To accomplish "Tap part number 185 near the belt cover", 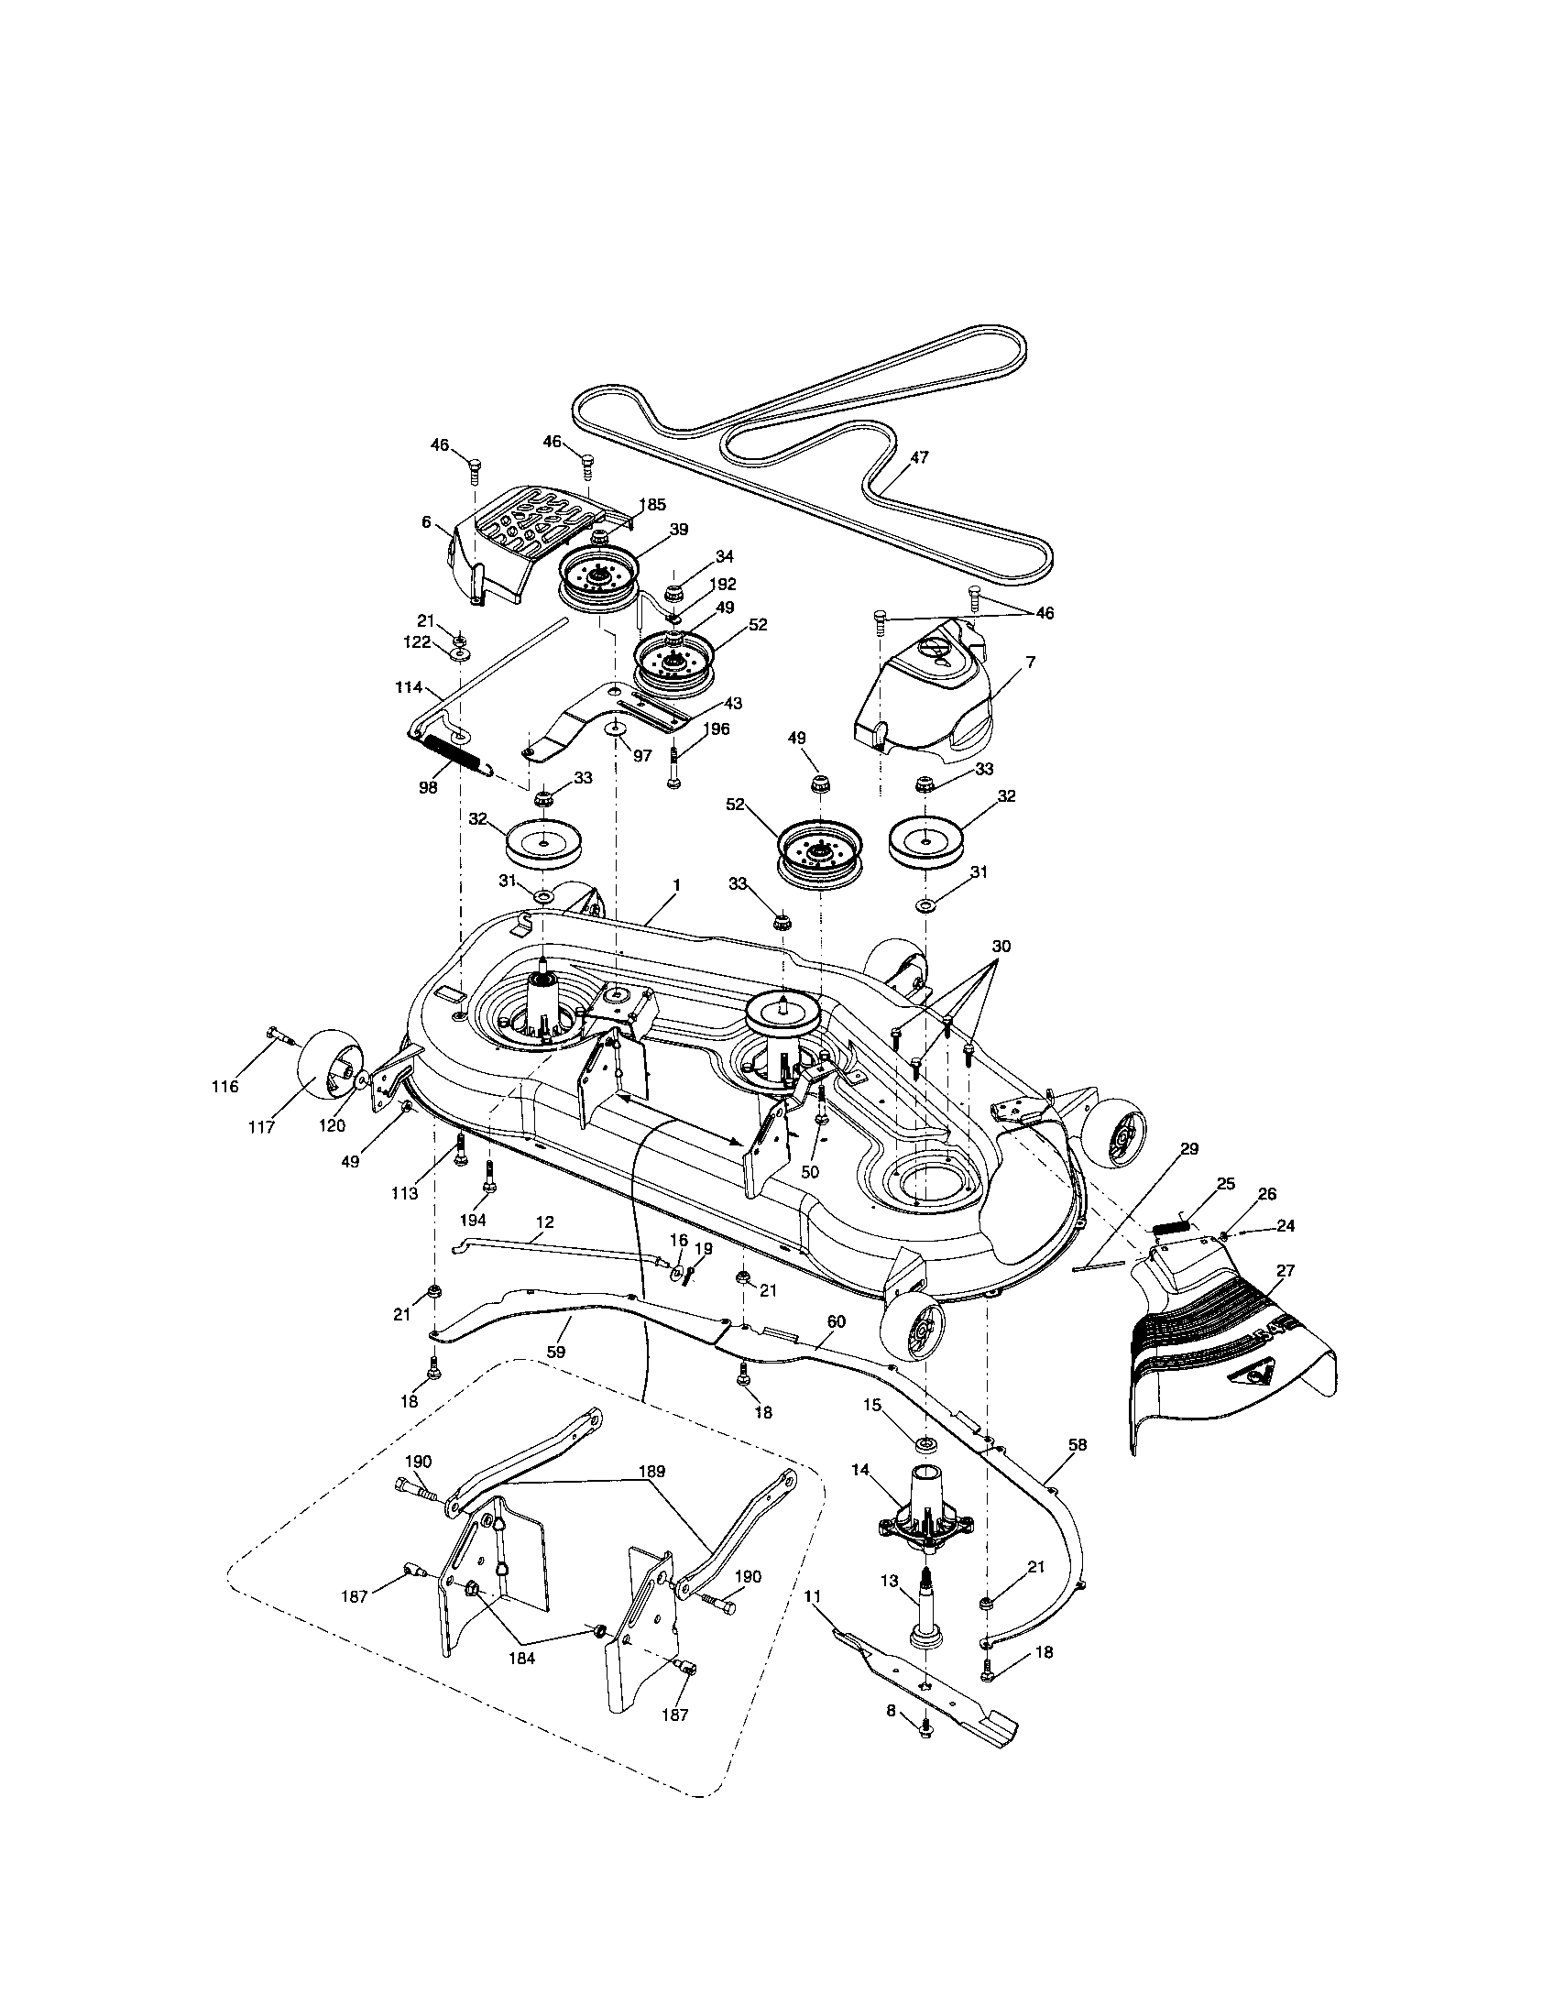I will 652,505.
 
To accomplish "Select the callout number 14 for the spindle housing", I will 860,1471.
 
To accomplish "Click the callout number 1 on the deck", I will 676,884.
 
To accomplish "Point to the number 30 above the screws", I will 1001,948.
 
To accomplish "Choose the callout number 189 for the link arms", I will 651,1471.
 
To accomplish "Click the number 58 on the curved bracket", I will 1077,1444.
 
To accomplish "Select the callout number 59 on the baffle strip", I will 555,1351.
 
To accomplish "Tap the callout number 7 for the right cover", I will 1030,662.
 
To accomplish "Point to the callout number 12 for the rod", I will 544,1222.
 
